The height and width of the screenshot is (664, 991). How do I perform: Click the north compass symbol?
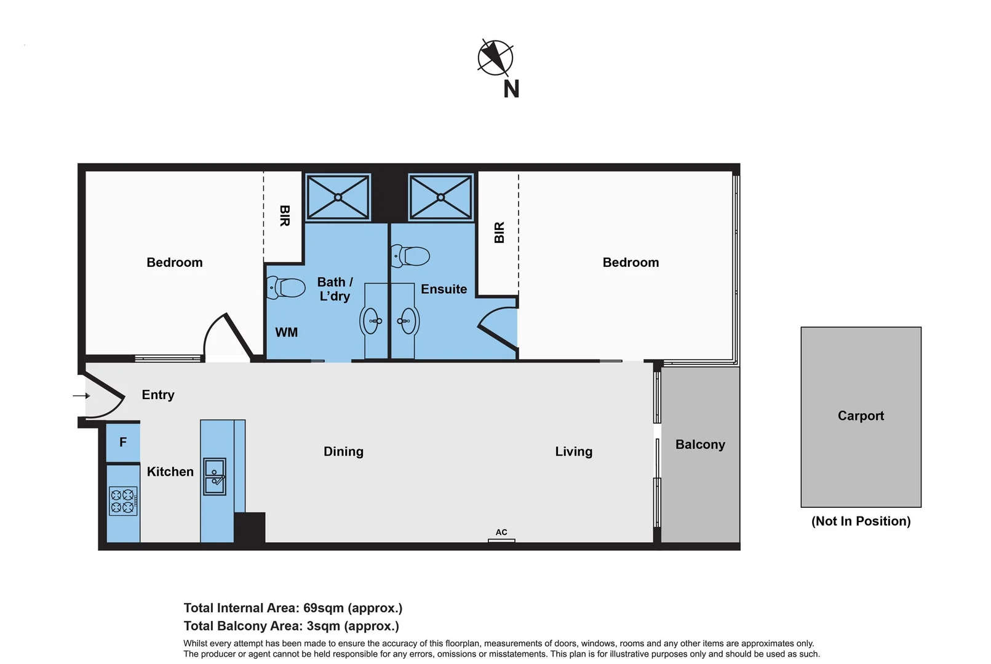pos(495,58)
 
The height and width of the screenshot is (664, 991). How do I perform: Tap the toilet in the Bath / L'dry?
pos(287,287)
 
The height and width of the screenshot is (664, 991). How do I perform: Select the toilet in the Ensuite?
pos(411,256)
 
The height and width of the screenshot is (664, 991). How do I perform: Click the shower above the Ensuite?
pos(440,197)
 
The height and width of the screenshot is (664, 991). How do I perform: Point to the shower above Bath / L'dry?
pos(338,197)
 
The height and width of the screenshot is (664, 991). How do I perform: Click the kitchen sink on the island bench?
pos(215,476)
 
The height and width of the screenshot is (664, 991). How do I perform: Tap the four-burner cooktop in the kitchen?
pos(123,500)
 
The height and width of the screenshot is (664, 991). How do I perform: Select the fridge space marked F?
pos(123,442)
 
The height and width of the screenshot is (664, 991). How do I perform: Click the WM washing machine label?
pos(286,333)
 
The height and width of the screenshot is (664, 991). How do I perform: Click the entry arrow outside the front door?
pos(81,395)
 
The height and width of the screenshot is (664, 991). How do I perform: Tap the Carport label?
pos(860,416)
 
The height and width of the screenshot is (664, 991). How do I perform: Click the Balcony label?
pos(699,445)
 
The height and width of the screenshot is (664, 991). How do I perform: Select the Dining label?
pos(343,452)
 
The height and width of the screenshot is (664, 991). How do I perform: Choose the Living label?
pos(573,452)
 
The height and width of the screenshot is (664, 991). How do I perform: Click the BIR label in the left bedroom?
pos(284,216)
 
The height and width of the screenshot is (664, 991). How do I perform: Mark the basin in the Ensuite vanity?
pos(407,320)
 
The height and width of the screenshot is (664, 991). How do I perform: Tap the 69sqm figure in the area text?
pos(324,608)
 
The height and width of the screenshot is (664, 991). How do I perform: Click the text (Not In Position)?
pos(860,521)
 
